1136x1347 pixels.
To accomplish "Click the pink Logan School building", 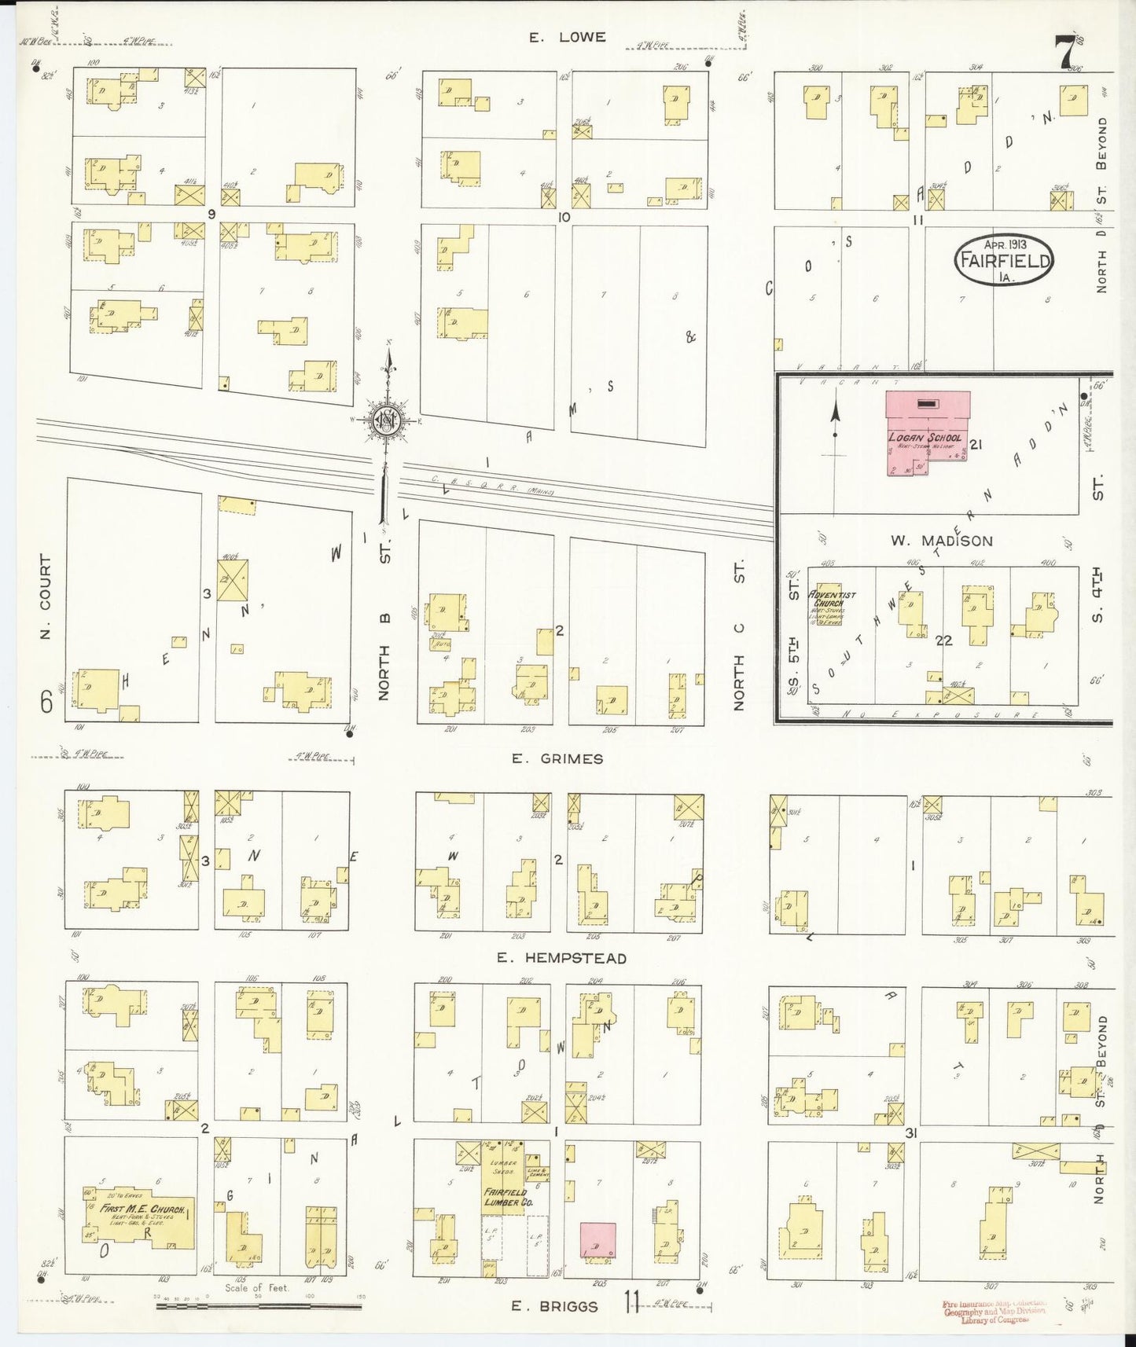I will click(x=928, y=433).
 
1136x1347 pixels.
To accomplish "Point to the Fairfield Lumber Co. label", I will click(x=506, y=1197).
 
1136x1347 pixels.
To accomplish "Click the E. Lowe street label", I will click(x=567, y=37).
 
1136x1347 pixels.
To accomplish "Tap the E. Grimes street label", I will click(x=557, y=758).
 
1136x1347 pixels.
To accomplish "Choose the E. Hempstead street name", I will click(x=561, y=958).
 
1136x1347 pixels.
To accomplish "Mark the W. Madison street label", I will click(x=941, y=541).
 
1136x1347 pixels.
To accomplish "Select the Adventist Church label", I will click(x=826, y=599).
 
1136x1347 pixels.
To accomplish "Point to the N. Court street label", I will click(x=45, y=596).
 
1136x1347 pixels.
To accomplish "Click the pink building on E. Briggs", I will click(x=597, y=1240).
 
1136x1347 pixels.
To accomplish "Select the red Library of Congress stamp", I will click(x=994, y=1311).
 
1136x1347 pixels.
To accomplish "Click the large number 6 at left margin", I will click(x=46, y=701).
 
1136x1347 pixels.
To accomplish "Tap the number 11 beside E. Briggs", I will click(x=631, y=1302).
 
